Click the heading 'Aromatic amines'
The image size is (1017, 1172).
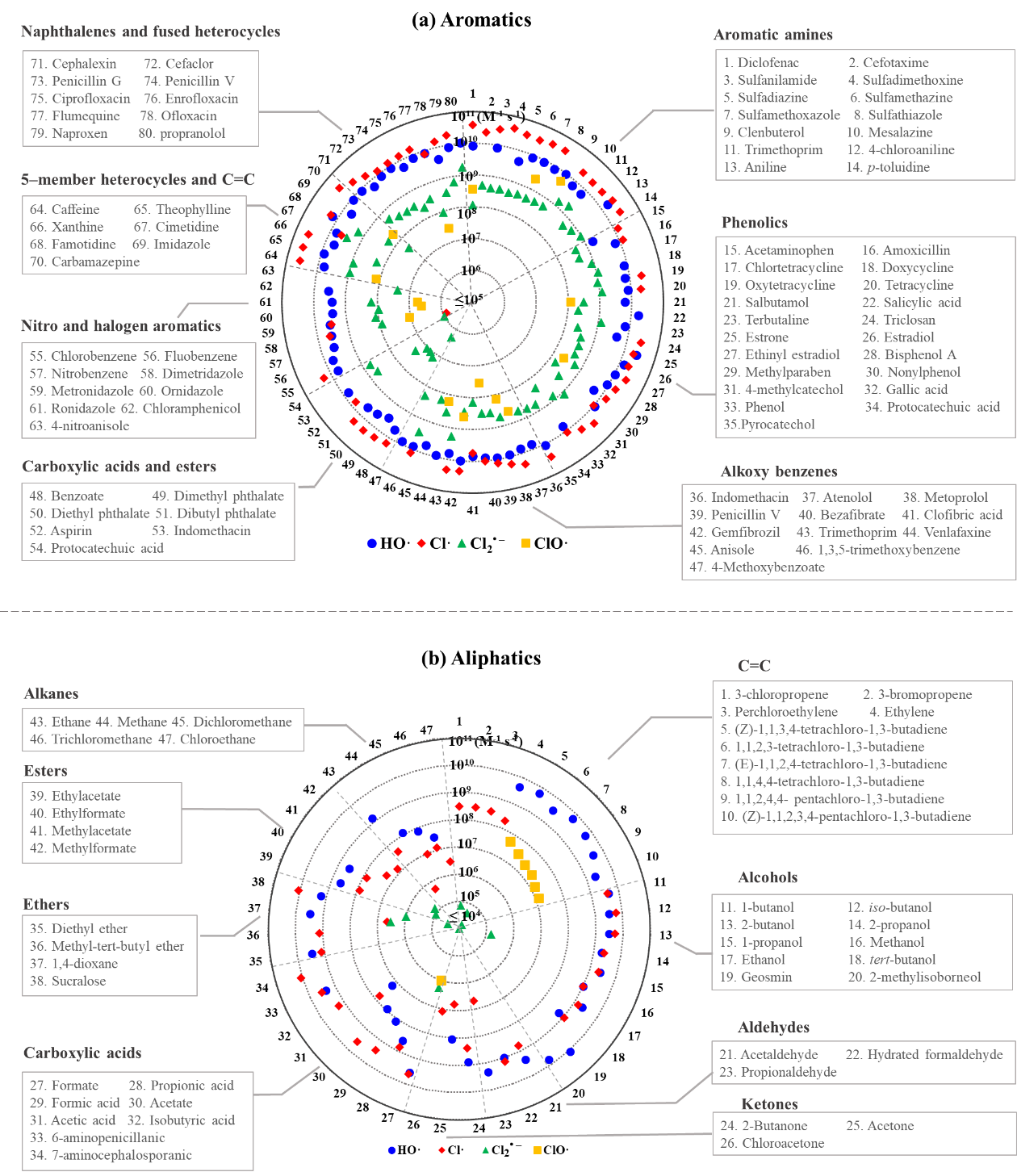(772, 35)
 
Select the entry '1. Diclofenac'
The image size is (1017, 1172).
(761, 63)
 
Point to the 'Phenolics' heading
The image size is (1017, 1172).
(754, 223)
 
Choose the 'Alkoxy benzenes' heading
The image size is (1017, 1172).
(778, 471)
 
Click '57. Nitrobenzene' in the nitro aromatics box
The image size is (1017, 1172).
(79, 374)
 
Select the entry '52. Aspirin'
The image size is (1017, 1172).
(61, 531)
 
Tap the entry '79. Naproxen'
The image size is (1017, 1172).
(69, 134)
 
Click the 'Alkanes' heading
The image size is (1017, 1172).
(51, 693)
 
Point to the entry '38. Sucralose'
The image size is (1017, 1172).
(68, 982)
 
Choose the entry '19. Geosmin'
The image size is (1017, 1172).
(755, 977)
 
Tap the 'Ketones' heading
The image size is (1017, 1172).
(768, 1104)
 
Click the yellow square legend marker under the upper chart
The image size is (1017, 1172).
(525, 543)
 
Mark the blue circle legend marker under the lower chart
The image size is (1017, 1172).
(391, 1149)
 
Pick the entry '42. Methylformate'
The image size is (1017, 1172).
(83, 848)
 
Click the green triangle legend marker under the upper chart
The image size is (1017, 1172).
(462, 543)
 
